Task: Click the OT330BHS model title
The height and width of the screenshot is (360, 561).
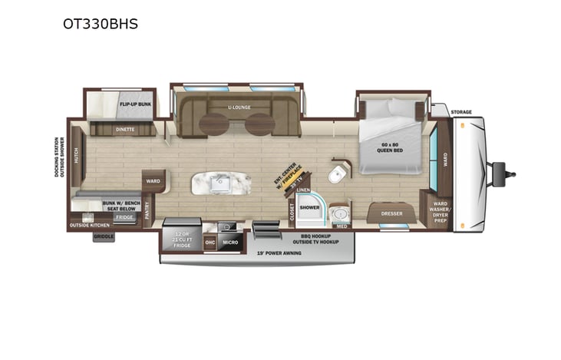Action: (x=101, y=23)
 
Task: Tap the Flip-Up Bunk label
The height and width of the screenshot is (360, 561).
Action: (x=135, y=103)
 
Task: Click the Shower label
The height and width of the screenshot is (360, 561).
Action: (x=309, y=207)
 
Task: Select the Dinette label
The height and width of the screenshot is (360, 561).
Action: (x=125, y=129)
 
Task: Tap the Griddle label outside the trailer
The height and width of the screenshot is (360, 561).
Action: (x=104, y=237)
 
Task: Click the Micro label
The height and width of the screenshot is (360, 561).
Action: (x=230, y=243)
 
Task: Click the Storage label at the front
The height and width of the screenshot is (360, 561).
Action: (x=461, y=112)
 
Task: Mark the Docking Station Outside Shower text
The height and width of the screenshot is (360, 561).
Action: (x=58, y=157)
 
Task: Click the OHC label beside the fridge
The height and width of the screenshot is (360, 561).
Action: (x=210, y=243)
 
